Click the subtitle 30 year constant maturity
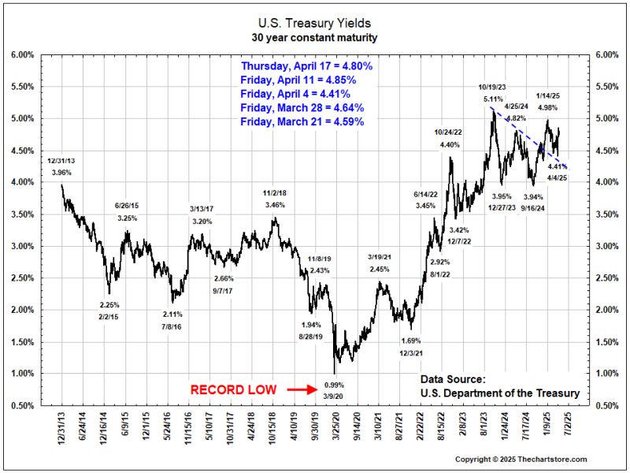coord(315,37)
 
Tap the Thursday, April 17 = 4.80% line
coord(307,66)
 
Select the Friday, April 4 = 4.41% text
coord(298,94)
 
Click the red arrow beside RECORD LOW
coord(300,389)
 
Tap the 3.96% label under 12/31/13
coord(61,171)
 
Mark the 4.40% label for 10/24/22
coord(450,144)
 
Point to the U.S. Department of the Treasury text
coord(499,393)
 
